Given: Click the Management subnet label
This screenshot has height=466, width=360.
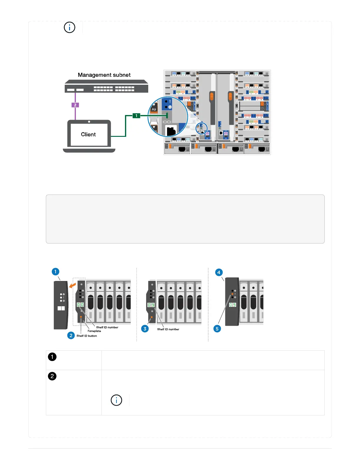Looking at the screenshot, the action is pyautogui.click(x=104, y=75).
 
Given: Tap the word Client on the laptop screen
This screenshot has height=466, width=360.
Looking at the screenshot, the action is pyautogui.click(x=88, y=134).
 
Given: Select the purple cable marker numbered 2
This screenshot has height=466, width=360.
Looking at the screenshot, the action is pyautogui.click(x=75, y=105).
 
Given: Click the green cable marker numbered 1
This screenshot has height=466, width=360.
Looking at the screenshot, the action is pyautogui.click(x=136, y=116).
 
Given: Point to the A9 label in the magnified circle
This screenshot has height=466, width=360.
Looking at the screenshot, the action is pyautogui.click(x=154, y=109).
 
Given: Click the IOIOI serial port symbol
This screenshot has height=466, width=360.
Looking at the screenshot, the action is pyautogui.click(x=167, y=122).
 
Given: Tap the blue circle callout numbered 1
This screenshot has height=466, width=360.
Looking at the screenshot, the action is pyautogui.click(x=55, y=272).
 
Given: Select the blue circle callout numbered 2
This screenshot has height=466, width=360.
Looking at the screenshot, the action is pyautogui.click(x=71, y=335).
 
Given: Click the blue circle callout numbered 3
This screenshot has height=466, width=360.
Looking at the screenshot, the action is pyautogui.click(x=145, y=329).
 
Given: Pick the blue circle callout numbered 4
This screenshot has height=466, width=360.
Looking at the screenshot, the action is pyautogui.click(x=219, y=272).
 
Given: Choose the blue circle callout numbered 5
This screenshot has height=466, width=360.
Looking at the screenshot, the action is pyautogui.click(x=217, y=329).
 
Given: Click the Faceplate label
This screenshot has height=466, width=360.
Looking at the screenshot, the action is pyautogui.click(x=94, y=331).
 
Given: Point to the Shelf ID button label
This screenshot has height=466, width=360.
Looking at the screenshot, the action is pyautogui.click(x=87, y=336).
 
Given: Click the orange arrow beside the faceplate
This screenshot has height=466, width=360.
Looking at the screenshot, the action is pyautogui.click(x=72, y=285).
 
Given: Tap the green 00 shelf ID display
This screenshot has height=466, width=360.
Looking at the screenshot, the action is pyautogui.click(x=80, y=304).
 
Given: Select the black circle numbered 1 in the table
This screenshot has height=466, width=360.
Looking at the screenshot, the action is pyautogui.click(x=52, y=357).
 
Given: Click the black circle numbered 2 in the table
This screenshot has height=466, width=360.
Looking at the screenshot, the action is pyautogui.click(x=52, y=376).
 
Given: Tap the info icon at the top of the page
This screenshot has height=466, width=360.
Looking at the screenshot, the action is pyautogui.click(x=69, y=27).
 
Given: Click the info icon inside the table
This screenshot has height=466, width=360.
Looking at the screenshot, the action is pyautogui.click(x=116, y=400).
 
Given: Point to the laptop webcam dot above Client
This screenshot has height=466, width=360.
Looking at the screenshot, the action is pyautogui.click(x=89, y=122).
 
